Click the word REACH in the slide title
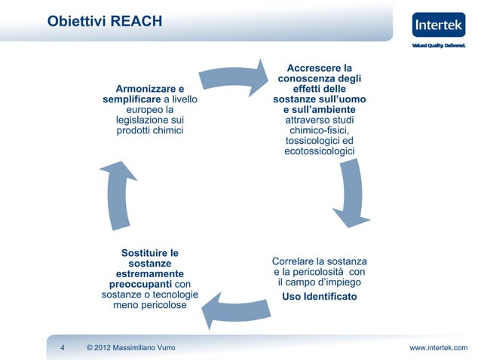[x=136, y=21]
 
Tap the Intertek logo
[x=439, y=28]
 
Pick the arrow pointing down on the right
[x=348, y=192]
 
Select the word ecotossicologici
[x=319, y=152]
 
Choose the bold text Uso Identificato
[x=319, y=297]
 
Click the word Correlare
[x=295, y=261]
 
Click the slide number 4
[x=62, y=347]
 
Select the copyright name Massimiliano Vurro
[x=144, y=347]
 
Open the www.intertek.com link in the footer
[x=438, y=347]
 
